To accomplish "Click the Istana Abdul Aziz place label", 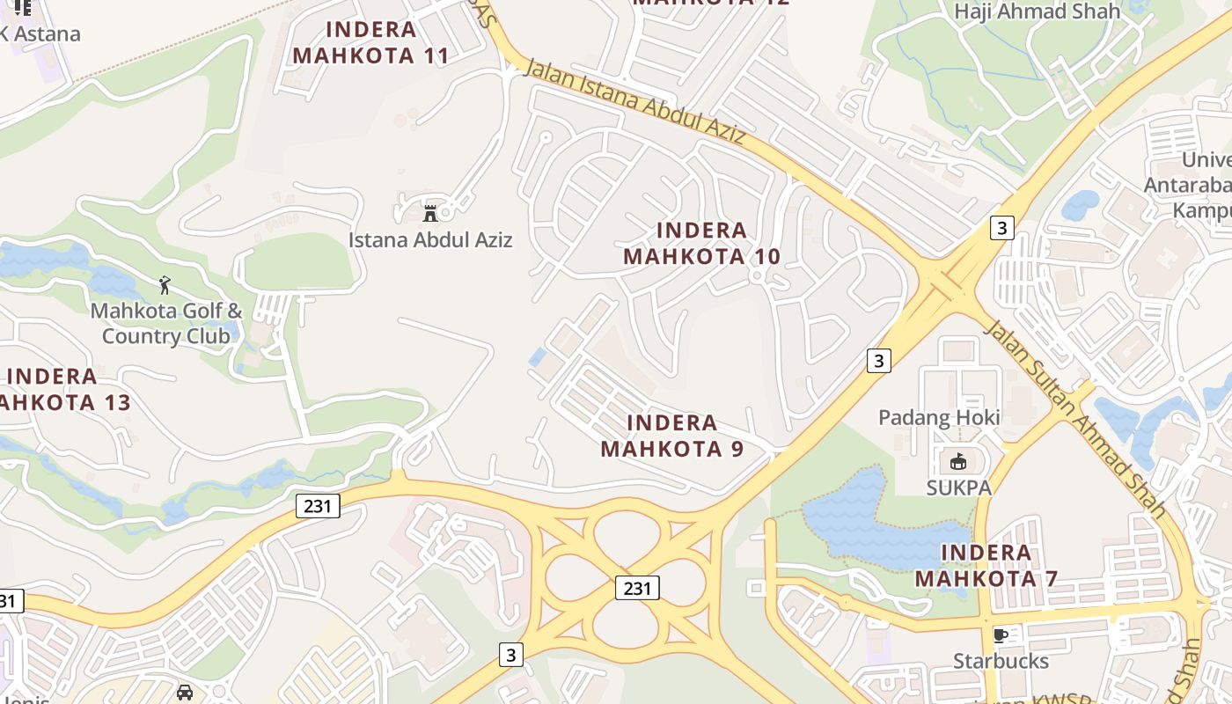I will [429, 239].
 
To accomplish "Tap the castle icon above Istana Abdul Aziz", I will [430, 213].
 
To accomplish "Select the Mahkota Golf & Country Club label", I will [166, 323].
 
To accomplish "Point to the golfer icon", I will [164, 284].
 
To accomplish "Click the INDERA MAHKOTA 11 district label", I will [370, 42].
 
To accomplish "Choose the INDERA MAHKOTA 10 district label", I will [701, 244].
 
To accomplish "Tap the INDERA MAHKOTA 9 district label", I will [672, 436].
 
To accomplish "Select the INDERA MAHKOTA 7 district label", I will [986, 566].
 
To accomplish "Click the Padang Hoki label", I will [939, 417].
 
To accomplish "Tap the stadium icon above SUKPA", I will [957, 461].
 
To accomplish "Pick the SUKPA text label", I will [958, 488].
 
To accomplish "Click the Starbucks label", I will [1001, 661].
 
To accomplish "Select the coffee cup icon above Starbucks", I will [1000, 634].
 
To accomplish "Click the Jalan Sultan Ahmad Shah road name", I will [1075, 419].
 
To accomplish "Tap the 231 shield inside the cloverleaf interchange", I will [636, 588].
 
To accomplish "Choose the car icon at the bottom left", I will [185, 692].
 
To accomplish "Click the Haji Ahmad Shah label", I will [1037, 11].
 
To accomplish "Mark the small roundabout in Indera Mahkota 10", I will [756, 276].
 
